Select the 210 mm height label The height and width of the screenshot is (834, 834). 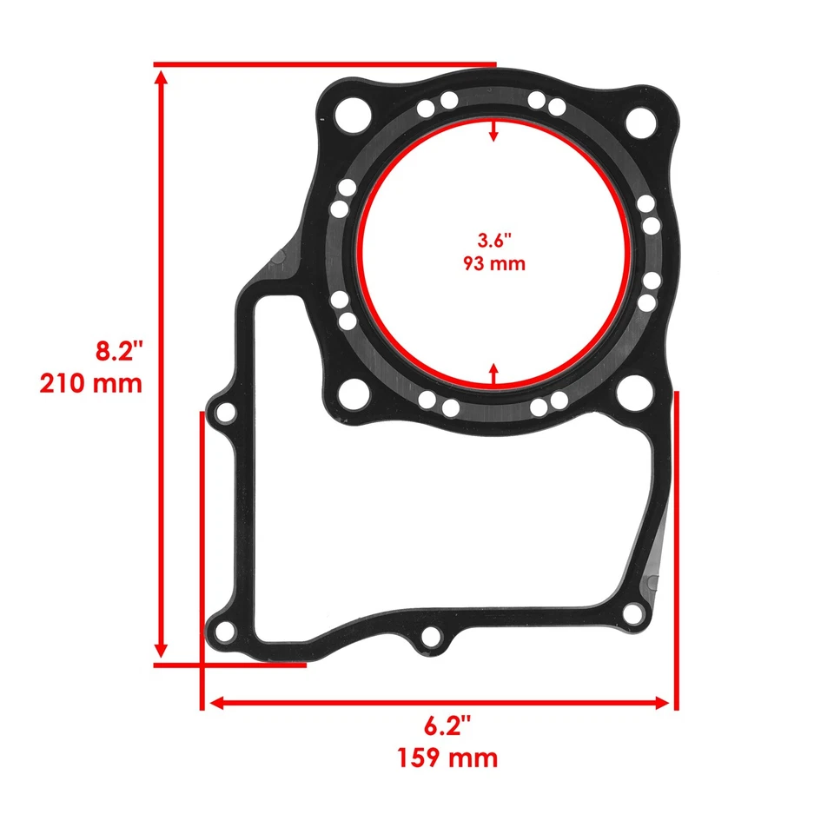click(90, 383)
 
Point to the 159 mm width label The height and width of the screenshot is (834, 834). click(447, 758)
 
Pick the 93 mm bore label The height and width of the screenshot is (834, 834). click(493, 262)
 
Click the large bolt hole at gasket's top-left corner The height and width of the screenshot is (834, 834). click(353, 111)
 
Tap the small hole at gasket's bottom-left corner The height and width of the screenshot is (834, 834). click(224, 631)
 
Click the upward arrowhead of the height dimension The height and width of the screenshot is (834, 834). click(161, 78)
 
